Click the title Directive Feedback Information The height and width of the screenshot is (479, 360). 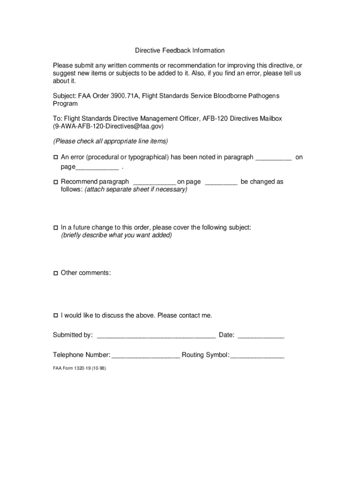point(180,50)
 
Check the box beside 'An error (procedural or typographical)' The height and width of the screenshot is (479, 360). point(55,158)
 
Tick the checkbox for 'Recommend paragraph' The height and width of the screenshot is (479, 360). point(55,182)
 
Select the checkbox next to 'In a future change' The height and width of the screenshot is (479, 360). point(55,227)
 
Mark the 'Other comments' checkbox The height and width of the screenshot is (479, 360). point(55,273)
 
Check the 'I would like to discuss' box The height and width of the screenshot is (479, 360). point(55,315)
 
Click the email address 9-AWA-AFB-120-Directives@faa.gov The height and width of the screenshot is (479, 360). point(108,126)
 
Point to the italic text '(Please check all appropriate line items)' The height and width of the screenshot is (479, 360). point(110,141)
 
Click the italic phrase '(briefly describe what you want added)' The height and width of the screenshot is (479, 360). point(116,235)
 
